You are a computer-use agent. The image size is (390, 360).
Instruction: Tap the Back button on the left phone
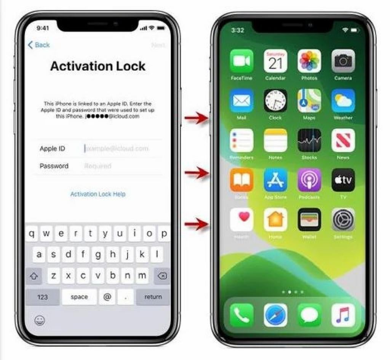click(x=39, y=45)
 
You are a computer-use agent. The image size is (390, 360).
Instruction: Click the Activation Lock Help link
click(x=97, y=194)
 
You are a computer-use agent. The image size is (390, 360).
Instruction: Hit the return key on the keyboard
click(x=153, y=297)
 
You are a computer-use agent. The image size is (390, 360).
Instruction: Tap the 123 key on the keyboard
click(x=42, y=297)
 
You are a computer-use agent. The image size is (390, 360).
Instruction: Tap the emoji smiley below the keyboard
click(x=40, y=320)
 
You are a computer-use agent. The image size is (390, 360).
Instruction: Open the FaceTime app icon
click(x=241, y=61)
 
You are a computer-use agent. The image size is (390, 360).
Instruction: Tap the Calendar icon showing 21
click(x=275, y=61)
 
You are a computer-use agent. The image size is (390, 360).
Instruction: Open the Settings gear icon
click(x=343, y=220)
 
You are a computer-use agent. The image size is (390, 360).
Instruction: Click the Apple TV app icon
click(x=343, y=180)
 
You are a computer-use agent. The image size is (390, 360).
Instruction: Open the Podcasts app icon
click(x=309, y=180)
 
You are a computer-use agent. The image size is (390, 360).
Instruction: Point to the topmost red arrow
click(x=196, y=118)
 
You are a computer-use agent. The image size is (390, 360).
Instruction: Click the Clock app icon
click(x=275, y=101)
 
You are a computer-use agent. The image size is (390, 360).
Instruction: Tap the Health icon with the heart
click(x=241, y=220)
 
